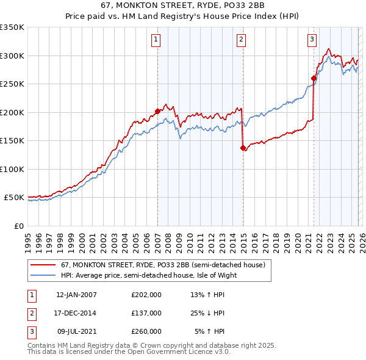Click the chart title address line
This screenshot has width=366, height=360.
(183, 5)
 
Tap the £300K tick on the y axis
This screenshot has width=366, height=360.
(12, 56)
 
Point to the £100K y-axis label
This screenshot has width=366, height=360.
(12, 169)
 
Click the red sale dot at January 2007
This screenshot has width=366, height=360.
(157, 111)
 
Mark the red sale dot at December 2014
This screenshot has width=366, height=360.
(243, 148)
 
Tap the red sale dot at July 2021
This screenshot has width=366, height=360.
(314, 78)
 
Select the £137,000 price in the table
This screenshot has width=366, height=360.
(146, 313)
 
